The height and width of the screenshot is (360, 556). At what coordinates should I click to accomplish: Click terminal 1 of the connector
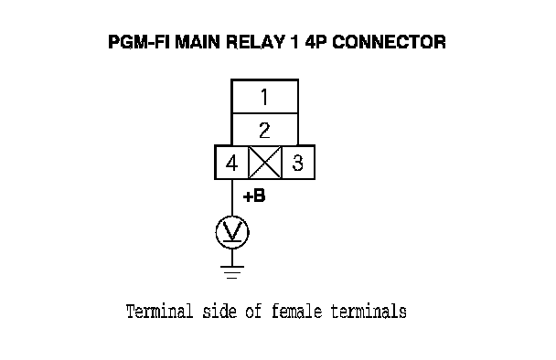(264, 96)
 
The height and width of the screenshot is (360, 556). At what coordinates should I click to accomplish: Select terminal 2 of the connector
(264, 130)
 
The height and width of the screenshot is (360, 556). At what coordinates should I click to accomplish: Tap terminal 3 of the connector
(298, 163)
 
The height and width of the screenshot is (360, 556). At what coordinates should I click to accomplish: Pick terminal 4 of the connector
(231, 163)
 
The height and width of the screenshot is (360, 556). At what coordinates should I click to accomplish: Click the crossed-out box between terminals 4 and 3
(265, 163)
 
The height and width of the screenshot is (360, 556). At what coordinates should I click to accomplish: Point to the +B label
(254, 196)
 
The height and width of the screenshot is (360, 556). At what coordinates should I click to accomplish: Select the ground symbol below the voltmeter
(232, 272)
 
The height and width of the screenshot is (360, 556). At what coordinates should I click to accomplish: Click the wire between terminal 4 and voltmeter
(232, 197)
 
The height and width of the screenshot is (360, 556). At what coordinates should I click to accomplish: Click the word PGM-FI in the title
(139, 42)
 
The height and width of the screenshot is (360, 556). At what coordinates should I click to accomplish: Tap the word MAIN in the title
(198, 42)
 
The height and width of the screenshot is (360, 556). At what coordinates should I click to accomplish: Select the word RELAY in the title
(255, 42)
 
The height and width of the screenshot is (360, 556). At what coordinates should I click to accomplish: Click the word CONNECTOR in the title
(389, 42)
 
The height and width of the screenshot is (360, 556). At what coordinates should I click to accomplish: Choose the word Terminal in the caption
(159, 312)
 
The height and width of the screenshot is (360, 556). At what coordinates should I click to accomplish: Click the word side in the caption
(219, 312)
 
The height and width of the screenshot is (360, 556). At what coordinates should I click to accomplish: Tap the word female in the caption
(297, 312)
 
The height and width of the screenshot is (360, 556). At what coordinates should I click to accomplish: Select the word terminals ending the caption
(369, 312)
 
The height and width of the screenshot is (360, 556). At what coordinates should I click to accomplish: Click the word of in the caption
(253, 312)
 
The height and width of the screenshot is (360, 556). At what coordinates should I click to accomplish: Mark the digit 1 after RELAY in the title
(294, 42)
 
